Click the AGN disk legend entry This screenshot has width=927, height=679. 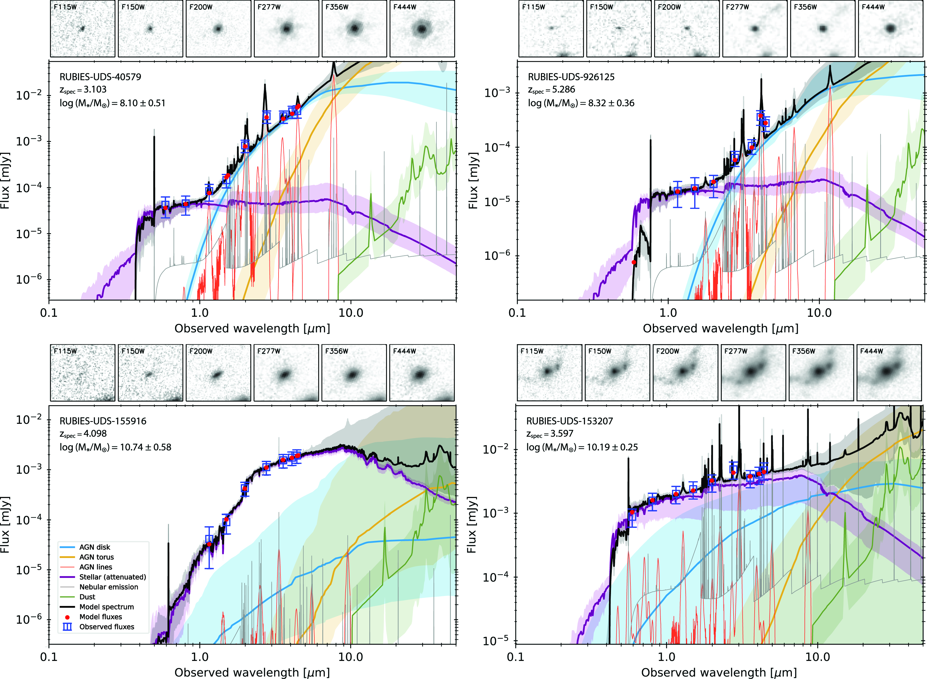point(94,547)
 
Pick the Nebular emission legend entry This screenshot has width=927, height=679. point(108,587)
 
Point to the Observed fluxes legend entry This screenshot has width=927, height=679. point(107,627)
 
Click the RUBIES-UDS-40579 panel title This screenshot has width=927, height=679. point(100,77)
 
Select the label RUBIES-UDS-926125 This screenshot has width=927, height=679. point(571,77)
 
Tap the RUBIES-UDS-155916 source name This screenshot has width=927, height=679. point(103,421)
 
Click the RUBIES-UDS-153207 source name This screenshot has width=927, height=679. point(569,421)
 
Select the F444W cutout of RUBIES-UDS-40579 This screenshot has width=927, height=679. point(422,28)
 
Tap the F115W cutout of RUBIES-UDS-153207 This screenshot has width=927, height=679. point(549,372)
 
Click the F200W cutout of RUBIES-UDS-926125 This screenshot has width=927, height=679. point(687,28)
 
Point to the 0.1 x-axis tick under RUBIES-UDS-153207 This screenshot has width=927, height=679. point(515,657)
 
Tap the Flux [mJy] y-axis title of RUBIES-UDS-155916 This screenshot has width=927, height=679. point(5,525)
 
